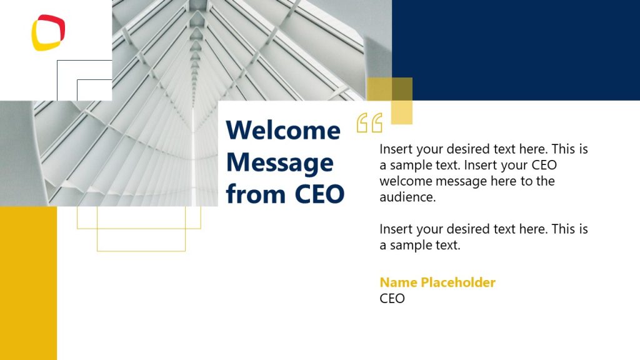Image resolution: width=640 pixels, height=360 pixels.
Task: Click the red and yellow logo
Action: click(48, 32)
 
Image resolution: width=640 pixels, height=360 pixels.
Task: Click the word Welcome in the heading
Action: click(283, 130)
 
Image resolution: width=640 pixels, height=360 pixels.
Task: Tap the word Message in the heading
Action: click(279, 162)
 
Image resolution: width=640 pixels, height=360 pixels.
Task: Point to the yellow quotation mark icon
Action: click(369, 123)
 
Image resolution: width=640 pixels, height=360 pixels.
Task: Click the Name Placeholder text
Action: click(437, 282)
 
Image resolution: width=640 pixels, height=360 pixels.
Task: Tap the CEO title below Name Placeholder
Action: click(392, 299)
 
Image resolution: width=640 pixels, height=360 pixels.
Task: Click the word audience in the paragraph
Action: click(406, 197)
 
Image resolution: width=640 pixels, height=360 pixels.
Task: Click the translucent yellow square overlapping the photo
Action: click(389, 101)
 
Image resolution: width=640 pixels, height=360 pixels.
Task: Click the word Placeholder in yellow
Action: click(458, 282)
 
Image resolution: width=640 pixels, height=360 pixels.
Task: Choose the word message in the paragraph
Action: click(461, 181)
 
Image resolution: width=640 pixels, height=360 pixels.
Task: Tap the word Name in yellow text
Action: click(398, 282)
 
